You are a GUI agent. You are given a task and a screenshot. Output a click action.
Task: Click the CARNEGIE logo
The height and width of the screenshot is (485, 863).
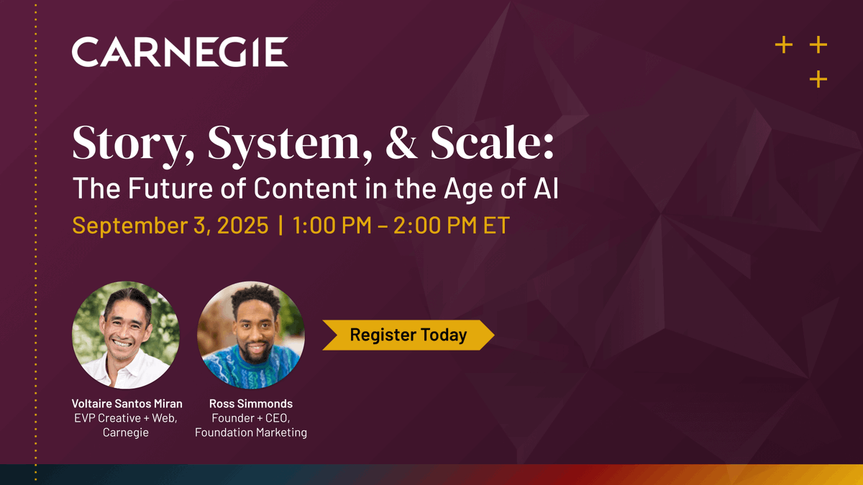click(x=180, y=52)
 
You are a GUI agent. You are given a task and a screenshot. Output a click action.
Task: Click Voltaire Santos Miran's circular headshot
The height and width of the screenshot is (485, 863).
click(x=126, y=335)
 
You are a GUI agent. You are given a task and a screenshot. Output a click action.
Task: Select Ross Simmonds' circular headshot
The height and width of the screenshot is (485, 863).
click(x=251, y=335)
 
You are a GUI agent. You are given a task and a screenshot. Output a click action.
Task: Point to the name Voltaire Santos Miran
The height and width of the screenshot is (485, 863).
click(x=126, y=403)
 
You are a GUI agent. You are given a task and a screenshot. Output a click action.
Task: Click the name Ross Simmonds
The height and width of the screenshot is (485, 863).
click(x=251, y=403)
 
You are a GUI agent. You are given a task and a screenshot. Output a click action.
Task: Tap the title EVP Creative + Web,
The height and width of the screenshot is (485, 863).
click(x=126, y=418)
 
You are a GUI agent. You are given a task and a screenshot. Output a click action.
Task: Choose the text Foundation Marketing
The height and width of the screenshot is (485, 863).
click(x=251, y=433)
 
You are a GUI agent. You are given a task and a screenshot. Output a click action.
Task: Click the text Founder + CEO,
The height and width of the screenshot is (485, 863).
click(x=251, y=418)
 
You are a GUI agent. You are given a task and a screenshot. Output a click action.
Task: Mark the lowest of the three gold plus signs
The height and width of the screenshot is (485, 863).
click(x=818, y=79)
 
